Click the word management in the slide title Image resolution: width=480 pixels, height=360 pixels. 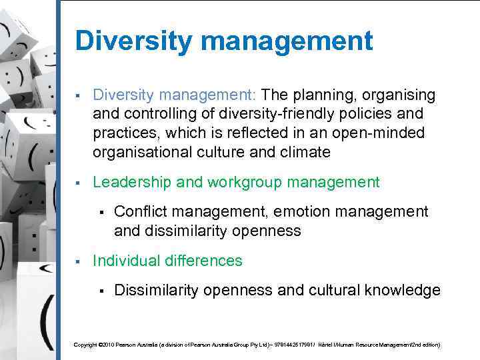pos(286,41)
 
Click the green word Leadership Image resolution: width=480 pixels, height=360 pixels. pos(131,182)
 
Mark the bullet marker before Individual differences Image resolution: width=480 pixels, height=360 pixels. pos(78,261)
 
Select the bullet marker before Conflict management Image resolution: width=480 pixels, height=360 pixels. pos(100,213)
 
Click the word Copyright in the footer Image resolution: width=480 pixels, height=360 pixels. pos(85,345)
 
